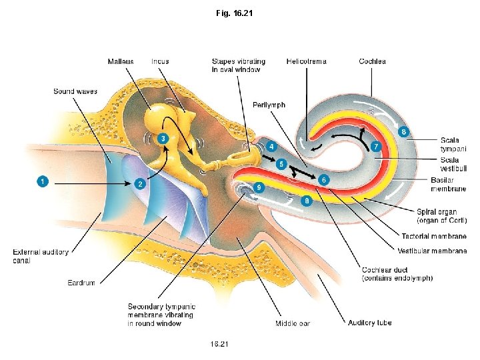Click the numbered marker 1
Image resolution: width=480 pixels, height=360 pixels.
[42, 181]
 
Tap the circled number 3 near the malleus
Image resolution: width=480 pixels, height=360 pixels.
[163, 138]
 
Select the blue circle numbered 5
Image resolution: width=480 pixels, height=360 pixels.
[281, 163]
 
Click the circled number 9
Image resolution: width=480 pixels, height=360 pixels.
[259, 187]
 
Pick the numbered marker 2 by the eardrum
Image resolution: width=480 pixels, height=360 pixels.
[140, 183]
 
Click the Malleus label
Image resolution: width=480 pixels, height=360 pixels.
[120, 61]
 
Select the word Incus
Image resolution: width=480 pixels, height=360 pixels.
[160, 61]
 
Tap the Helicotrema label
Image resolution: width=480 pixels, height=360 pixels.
[306, 61]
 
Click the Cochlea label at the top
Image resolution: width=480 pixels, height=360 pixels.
[372, 61]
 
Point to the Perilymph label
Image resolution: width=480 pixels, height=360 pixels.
[269, 105]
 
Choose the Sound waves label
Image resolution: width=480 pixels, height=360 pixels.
[75, 91]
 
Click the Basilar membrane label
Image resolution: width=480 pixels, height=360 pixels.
[449, 185]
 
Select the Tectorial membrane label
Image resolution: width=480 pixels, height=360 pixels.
[433, 237]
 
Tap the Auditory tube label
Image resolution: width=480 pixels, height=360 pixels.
[369, 323]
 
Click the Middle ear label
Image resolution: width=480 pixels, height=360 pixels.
[293, 323]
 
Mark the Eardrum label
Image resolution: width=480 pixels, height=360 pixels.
[81, 283]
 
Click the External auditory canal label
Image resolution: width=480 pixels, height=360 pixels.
[41, 255]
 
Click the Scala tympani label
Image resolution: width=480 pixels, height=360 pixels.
[453, 144]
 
